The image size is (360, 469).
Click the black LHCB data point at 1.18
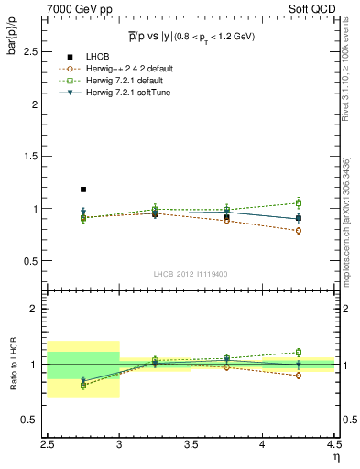point(83,190)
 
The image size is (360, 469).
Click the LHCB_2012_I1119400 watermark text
point(191,274)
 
